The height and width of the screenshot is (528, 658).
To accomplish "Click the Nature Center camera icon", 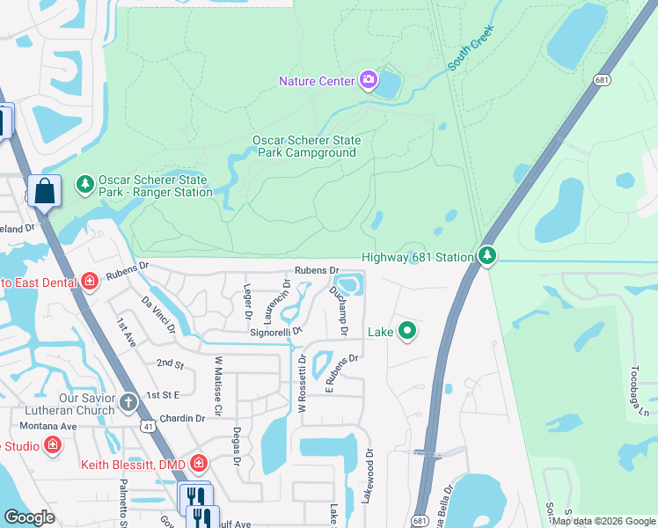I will click(x=369, y=82).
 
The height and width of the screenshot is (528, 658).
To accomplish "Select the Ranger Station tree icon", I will click(x=85, y=184).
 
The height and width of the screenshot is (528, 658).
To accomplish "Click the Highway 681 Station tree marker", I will click(x=487, y=256).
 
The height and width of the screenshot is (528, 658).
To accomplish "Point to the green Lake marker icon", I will click(x=406, y=332).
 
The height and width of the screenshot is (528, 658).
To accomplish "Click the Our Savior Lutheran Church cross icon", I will click(x=128, y=403).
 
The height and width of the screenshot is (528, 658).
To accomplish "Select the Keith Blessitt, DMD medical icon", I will click(x=199, y=463).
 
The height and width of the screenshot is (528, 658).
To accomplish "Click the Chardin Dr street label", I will click(x=183, y=419).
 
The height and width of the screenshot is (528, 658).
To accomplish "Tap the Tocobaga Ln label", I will click(x=640, y=392).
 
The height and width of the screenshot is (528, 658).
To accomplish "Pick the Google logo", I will click(x=30, y=517).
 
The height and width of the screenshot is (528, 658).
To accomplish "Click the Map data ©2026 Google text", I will click(x=603, y=521).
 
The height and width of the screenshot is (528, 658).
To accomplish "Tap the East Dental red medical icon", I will click(x=89, y=282).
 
